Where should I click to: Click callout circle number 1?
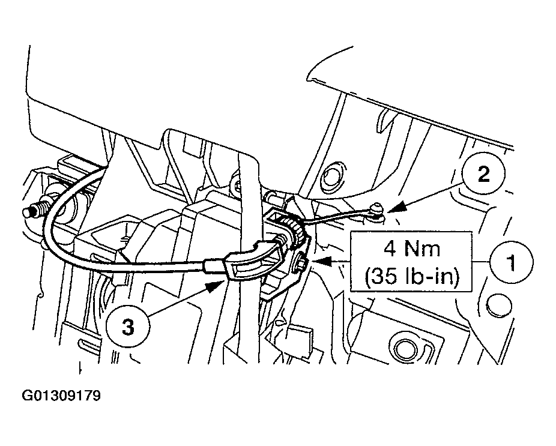pyautogui.click(x=512, y=263)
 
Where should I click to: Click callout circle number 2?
pyautogui.click(x=483, y=175)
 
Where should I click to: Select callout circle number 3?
pyautogui.click(x=128, y=327)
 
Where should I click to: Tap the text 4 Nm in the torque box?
pyautogui.click(x=412, y=249)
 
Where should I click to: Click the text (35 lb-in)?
pyautogui.click(x=412, y=276)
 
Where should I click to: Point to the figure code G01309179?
pyautogui.click(x=61, y=396)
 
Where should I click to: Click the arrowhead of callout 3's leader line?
pyautogui.click(x=216, y=285)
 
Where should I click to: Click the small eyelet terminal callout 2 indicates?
pyautogui.click(x=377, y=209)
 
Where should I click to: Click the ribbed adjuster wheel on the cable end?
pyautogui.click(x=291, y=233)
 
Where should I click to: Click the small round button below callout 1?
pyautogui.click(x=499, y=304)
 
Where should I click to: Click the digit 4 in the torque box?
pyautogui.click(x=389, y=249)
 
